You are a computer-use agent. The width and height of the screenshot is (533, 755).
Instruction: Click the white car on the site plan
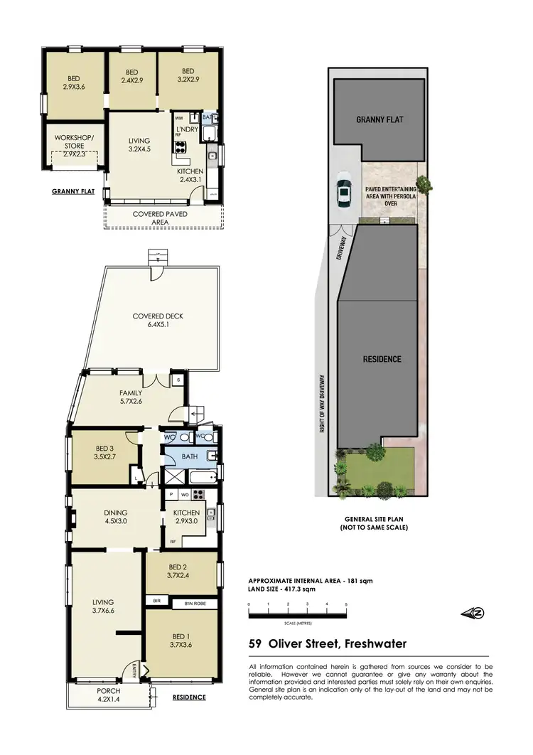pyautogui.click(x=343, y=192)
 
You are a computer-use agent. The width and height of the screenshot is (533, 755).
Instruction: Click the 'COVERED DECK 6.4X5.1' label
pyautogui.click(x=154, y=321)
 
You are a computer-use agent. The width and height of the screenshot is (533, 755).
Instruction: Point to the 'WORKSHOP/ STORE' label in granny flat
pyautogui.click(x=74, y=145)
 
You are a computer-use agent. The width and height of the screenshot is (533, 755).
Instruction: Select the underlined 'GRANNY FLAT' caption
pyautogui.click(x=74, y=192)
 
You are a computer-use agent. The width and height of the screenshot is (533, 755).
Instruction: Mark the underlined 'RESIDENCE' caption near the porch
pyautogui.click(x=190, y=697)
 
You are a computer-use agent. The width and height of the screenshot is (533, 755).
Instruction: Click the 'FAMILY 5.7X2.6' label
pyautogui.click(x=131, y=397)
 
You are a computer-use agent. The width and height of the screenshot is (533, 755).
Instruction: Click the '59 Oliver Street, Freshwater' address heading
pyautogui.click(x=328, y=644)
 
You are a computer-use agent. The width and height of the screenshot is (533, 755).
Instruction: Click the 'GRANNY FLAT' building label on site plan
pyautogui.click(x=379, y=119)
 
